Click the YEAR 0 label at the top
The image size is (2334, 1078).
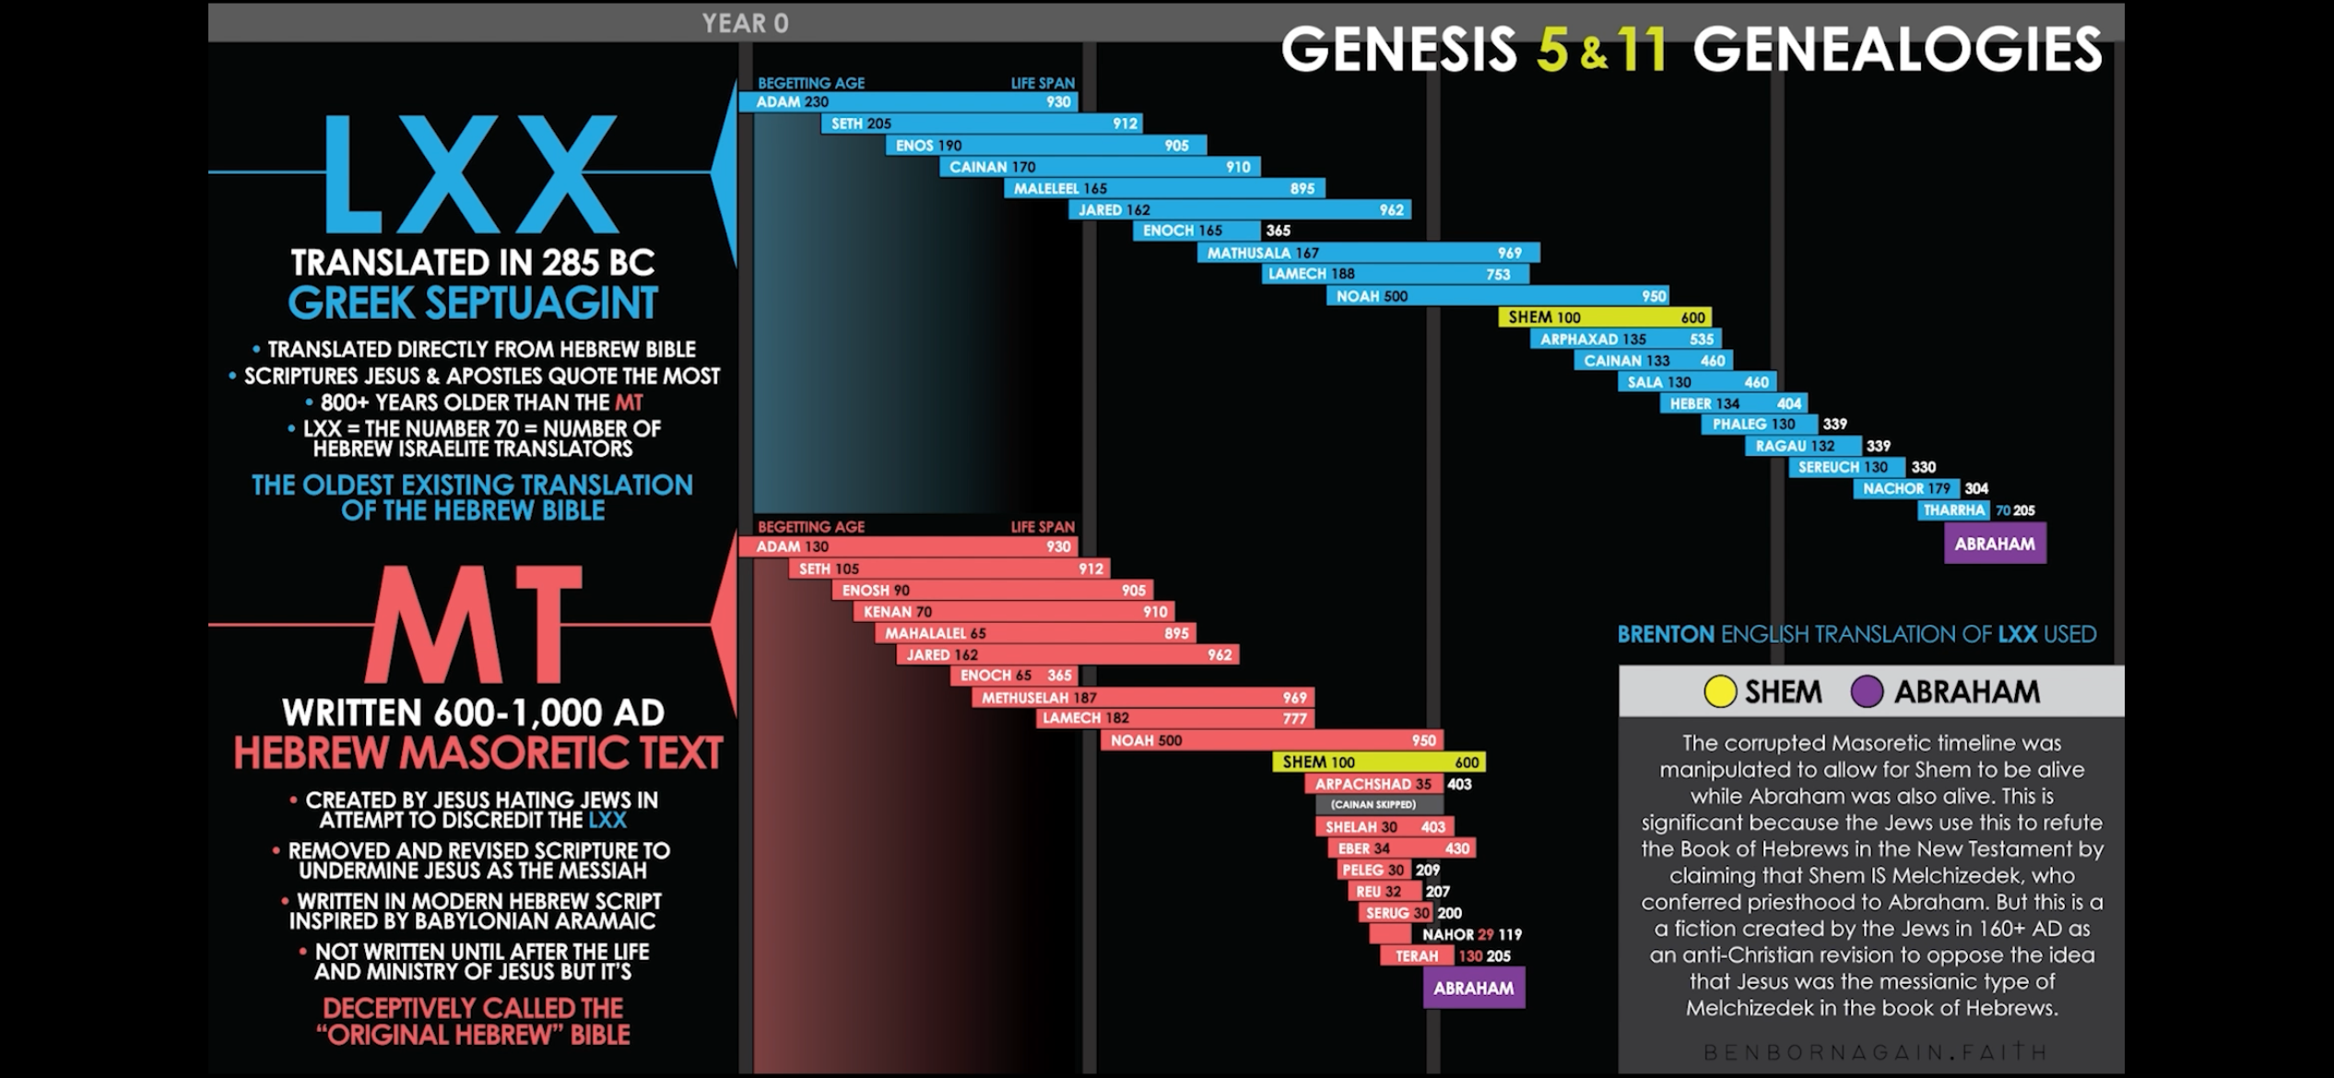745,23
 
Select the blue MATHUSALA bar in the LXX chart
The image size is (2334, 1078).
1368,252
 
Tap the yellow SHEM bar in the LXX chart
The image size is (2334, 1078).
1604,317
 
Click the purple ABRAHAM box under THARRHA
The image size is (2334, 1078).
1995,544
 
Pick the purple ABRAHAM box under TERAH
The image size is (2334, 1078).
1473,988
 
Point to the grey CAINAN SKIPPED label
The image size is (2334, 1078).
1373,804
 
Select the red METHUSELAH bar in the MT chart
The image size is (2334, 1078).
1143,697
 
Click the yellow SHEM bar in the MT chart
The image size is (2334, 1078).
1379,762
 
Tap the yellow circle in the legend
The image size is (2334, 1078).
1720,692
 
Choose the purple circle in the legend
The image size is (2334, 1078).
1867,692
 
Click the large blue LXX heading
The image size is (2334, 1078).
470,175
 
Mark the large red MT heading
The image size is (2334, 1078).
474,624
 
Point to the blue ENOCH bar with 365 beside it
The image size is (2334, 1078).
1196,230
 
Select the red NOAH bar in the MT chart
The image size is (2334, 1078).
1272,740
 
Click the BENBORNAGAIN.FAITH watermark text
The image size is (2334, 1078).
1875,1051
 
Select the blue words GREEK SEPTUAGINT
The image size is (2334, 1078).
473,303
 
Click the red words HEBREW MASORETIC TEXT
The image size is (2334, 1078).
477,753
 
